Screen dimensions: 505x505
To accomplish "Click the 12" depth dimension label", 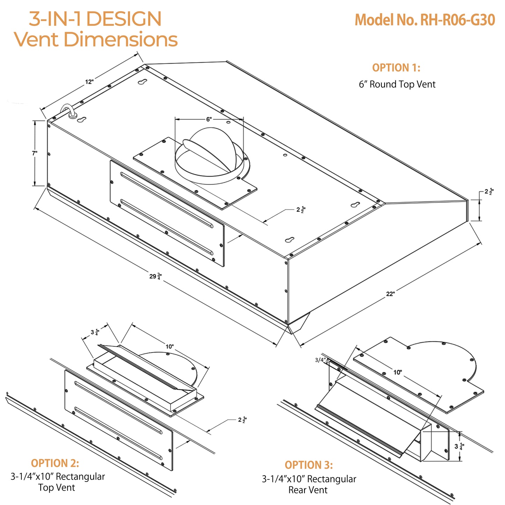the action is pos(89,82).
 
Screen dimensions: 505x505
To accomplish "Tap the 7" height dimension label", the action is pos(35,153).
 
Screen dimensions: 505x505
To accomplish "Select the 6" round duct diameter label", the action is pos(209,119).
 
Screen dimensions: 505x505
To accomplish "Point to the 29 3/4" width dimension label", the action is pos(156,276).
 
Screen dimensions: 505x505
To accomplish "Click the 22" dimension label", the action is pos(390,294).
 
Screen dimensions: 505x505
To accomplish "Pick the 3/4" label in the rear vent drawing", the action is pos(320,360).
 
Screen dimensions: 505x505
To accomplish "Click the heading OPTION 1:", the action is pos(396,67).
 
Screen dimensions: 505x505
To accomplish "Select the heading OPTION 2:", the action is pos(55,463).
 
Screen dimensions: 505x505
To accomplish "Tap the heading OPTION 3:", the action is pos(309,465).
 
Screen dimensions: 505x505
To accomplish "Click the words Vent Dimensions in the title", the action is pos(96,39).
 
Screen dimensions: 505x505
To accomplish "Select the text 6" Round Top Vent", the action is pos(397,84).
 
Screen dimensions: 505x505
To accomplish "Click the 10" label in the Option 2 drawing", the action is pos(169,346).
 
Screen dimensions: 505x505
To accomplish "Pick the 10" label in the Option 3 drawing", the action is pos(398,372).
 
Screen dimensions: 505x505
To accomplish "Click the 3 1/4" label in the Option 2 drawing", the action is pos(95,332).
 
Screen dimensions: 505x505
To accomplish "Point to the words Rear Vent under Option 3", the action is pos(308,490).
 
